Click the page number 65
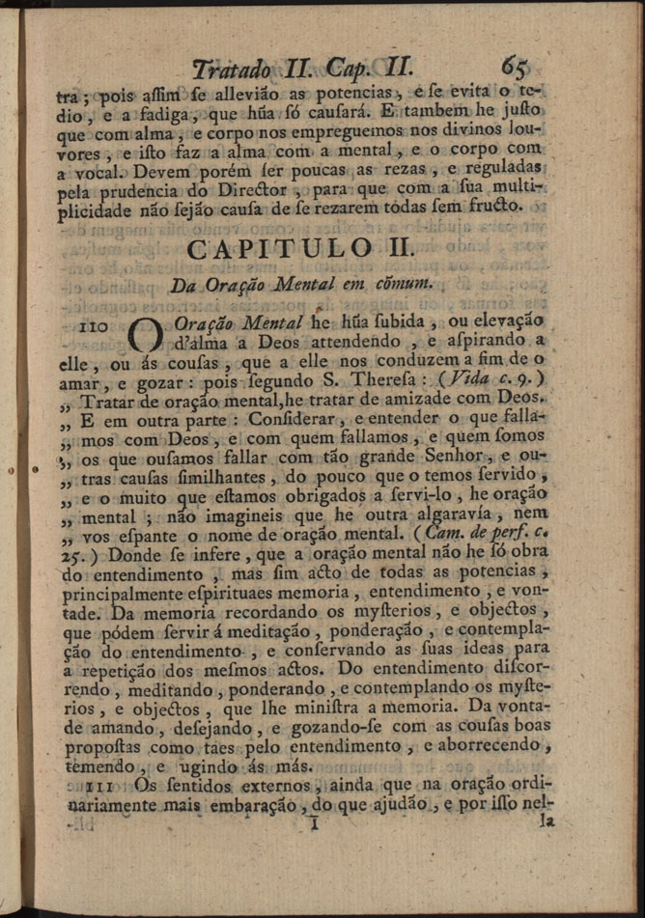click(514, 67)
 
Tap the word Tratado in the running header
click(233, 70)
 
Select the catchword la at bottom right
click(547, 822)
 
